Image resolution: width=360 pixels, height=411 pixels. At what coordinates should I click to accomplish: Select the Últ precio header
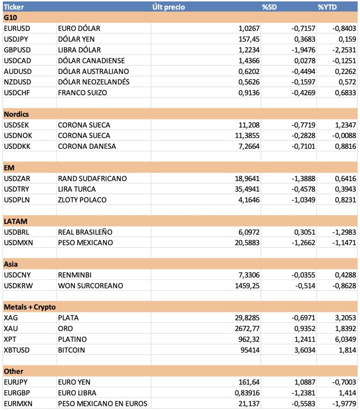tap(169, 7)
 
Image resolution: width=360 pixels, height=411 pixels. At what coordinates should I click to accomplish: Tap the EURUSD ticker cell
tap(17, 28)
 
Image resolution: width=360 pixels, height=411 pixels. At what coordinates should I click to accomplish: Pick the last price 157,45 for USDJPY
tap(247, 39)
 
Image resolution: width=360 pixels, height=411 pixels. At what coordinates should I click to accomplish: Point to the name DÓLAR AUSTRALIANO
tap(94, 71)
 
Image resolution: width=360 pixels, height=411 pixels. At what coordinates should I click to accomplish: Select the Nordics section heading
tap(16, 114)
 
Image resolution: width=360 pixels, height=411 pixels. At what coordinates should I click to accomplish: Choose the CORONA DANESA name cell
tap(87, 146)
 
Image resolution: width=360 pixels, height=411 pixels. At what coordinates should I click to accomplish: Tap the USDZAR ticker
tap(17, 179)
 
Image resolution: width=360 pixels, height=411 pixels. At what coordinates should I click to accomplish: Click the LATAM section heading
tap(15, 222)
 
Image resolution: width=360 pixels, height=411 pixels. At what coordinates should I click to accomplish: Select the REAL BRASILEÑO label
tap(85, 232)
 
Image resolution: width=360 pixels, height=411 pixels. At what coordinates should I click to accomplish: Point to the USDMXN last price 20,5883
tap(246, 243)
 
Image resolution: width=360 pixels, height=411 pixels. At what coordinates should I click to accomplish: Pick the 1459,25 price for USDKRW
tap(246, 286)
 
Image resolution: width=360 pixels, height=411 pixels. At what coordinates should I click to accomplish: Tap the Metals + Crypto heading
tap(30, 307)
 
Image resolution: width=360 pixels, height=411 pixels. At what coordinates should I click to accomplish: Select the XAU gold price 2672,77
tap(246, 329)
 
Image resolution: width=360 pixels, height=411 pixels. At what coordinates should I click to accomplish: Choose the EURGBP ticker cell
tap(17, 393)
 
